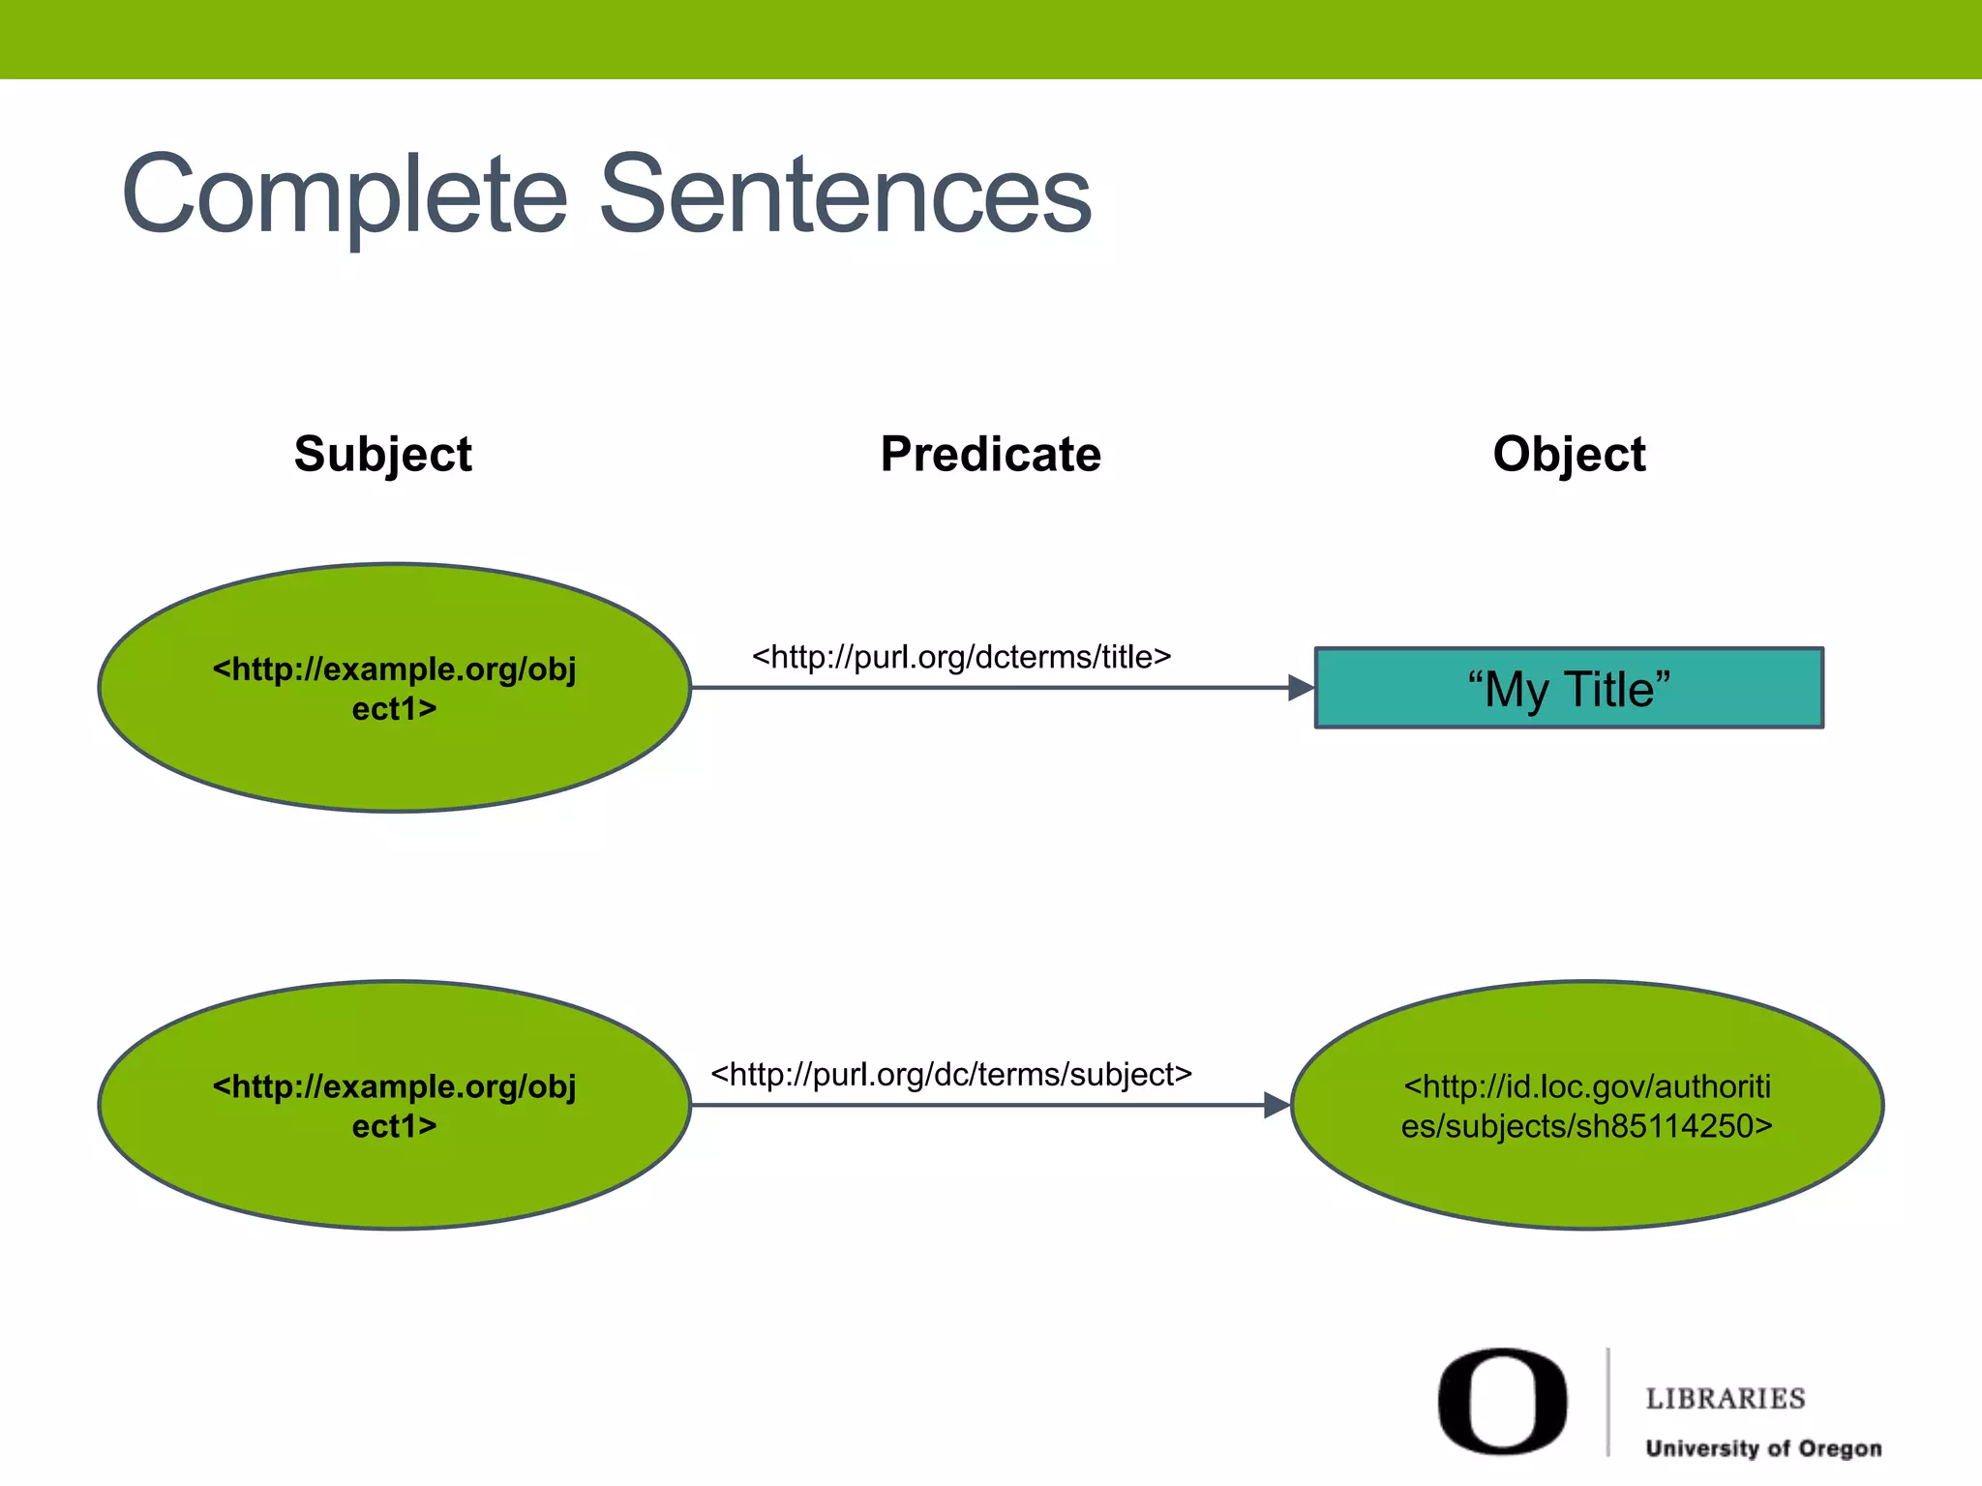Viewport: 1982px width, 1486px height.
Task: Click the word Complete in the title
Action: (x=344, y=195)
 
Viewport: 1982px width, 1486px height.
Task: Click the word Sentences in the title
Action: (x=845, y=195)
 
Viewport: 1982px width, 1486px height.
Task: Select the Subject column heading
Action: (x=383, y=455)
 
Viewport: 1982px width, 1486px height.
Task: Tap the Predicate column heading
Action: (x=990, y=455)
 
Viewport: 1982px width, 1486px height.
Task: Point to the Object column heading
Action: (x=1569, y=455)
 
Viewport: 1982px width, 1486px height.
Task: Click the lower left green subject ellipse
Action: (x=394, y=1180)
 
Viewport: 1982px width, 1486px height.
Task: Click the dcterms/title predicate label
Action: (x=961, y=657)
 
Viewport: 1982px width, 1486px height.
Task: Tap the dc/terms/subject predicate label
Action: (x=951, y=1074)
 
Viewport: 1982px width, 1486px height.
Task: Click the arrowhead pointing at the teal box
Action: (x=1301, y=688)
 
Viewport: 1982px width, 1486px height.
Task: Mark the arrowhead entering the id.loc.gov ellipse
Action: (x=1276, y=1105)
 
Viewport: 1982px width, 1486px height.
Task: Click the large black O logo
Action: (x=1502, y=1401)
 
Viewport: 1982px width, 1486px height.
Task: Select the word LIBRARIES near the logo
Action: (x=1726, y=1399)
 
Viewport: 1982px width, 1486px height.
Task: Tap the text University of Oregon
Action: (x=1763, y=1448)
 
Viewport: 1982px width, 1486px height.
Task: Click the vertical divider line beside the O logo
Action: (x=1608, y=1401)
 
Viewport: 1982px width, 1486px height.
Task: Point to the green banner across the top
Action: (x=991, y=39)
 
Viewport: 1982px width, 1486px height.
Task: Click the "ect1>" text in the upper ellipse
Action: (x=394, y=709)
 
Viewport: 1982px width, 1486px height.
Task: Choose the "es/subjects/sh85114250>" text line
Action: (x=1587, y=1126)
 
